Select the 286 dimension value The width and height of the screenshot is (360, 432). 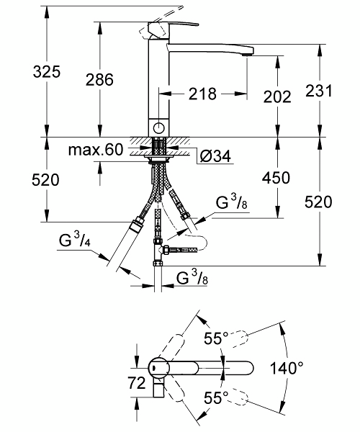(99, 80)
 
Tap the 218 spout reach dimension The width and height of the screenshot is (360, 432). (202, 94)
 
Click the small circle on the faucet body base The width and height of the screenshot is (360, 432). (158, 128)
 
